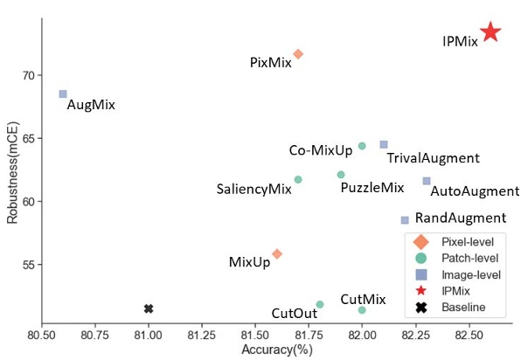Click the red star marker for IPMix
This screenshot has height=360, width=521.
tap(490, 32)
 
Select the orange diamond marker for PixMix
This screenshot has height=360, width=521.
tap(298, 54)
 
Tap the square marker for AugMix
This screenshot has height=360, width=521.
tap(63, 94)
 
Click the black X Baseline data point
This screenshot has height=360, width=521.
tap(149, 308)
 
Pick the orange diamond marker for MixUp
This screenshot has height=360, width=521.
tap(277, 254)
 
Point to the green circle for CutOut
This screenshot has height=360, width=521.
tap(320, 305)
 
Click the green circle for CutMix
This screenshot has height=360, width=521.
tap(362, 310)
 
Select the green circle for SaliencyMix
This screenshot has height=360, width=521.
tap(298, 179)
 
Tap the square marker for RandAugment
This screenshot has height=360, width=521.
tap(405, 220)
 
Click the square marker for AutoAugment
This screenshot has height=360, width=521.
tap(427, 181)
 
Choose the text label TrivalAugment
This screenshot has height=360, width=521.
tap(433, 158)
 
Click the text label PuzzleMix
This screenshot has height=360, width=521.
tap(372, 188)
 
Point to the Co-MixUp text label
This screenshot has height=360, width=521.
tap(321, 150)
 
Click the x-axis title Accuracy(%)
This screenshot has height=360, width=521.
tap(276, 350)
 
